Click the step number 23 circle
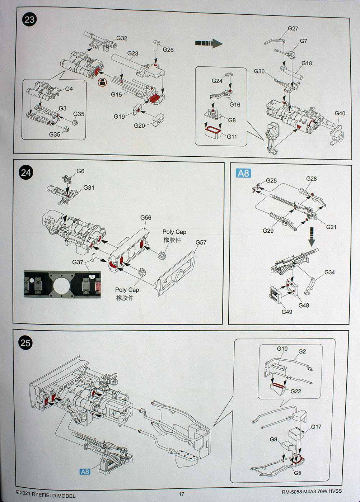[x=29, y=20]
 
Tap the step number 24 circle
[x=25, y=173]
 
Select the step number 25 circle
[x=25, y=343]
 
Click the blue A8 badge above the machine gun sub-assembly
[x=243, y=173]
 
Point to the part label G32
[x=122, y=38]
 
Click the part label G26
[x=168, y=50]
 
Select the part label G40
[x=340, y=113]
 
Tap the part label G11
[x=232, y=137]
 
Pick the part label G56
[x=146, y=218]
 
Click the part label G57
[x=201, y=242]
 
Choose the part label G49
[x=287, y=312]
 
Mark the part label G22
[x=296, y=391]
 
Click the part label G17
[x=316, y=427]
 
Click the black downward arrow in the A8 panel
[x=312, y=237]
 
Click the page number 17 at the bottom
[x=182, y=494]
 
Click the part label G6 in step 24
[x=80, y=171]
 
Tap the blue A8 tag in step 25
[x=85, y=472]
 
